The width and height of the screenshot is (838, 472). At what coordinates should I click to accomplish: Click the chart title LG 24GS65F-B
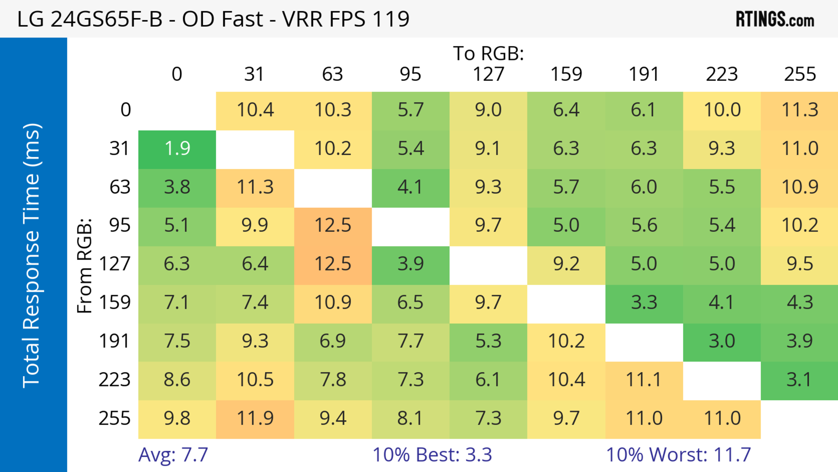click(213, 19)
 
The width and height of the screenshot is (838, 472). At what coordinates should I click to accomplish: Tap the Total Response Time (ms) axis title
click(32, 256)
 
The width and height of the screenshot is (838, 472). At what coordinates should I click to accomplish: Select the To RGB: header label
click(488, 53)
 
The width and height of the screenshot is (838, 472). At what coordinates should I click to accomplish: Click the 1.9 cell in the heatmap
click(177, 149)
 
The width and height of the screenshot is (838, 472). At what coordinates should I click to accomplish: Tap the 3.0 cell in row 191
click(722, 341)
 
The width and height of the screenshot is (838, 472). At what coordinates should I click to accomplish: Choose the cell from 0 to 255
click(800, 110)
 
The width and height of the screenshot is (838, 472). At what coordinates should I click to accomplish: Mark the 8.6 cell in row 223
click(177, 380)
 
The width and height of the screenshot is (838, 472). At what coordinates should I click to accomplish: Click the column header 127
click(488, 74)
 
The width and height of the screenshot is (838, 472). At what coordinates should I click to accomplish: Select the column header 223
click(722, 74)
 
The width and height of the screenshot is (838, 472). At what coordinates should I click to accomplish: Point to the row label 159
click(115, 303)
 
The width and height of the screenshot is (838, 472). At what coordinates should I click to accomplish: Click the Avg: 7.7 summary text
click(173, 455)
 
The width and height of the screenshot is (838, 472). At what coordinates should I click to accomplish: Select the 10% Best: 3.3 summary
click(432, 455)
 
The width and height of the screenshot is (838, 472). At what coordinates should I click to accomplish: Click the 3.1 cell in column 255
click(800, 380)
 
